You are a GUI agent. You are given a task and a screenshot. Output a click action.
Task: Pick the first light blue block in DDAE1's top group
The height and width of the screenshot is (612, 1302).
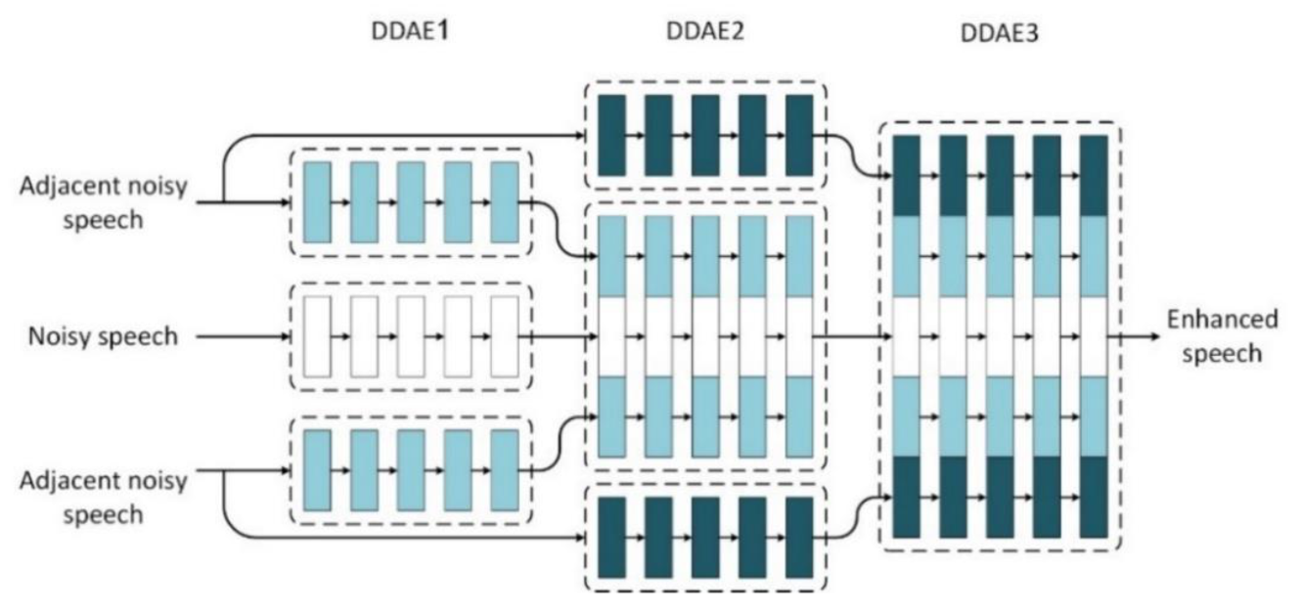(318, 202)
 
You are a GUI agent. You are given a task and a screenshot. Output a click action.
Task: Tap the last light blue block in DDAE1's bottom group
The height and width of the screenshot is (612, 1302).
(504, 470)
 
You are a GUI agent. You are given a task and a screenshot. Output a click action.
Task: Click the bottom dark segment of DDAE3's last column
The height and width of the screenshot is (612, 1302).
(1094, 497)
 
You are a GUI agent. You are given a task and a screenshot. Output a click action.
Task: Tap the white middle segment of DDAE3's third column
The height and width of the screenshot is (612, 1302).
(1000, 336)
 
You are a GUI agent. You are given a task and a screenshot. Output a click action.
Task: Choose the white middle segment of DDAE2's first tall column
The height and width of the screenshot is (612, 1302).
(611, 336)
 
